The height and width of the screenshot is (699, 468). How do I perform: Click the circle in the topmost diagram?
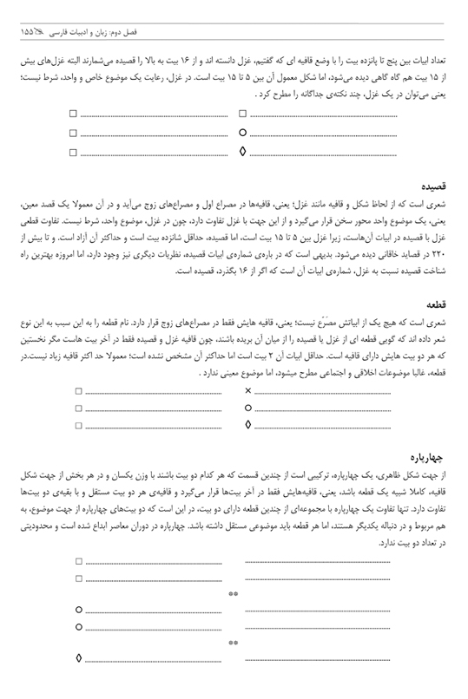[242, 134]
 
